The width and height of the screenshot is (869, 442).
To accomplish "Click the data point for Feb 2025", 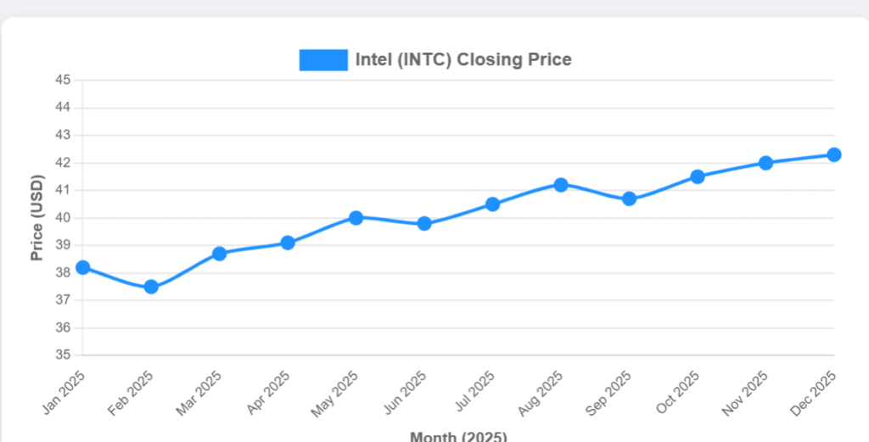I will point(151,287).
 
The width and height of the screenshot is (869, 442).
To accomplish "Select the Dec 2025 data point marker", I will point(833,154).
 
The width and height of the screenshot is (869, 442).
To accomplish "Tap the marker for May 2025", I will point(356,218).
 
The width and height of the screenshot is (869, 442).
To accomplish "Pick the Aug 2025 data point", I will point(560,185).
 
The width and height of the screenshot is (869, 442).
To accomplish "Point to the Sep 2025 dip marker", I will point(629,199).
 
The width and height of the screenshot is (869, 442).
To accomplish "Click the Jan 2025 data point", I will point(83,267).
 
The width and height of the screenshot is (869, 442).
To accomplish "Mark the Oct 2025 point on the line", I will point(697,176).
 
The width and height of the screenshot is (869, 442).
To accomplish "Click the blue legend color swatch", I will point(323,60).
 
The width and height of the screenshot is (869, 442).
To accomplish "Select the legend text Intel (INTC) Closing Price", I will point(463,60).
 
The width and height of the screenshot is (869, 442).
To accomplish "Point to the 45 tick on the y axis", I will point(64,81).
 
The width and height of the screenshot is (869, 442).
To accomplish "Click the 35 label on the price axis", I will point(64,355).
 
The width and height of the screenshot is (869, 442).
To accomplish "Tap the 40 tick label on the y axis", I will point(64,218).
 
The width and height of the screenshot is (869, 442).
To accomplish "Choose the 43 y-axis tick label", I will point(64,136).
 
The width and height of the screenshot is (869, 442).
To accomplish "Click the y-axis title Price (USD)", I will point(36,218).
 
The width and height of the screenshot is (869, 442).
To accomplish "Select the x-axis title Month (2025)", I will point(458,436).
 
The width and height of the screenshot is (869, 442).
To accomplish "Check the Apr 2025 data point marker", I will point(288,243).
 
